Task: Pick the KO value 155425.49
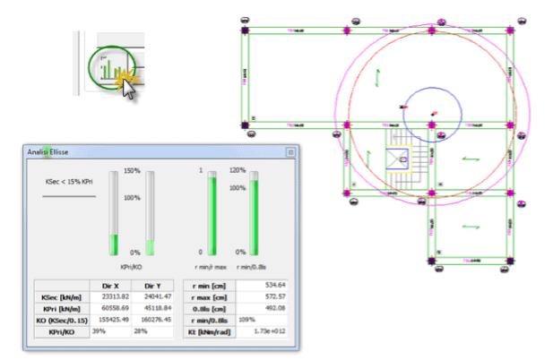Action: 111,318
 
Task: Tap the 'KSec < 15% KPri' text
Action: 69,182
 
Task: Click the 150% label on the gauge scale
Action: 132,170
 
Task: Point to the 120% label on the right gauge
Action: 238,170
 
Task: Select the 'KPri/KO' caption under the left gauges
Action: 133,266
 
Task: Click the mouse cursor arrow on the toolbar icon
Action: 128,87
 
